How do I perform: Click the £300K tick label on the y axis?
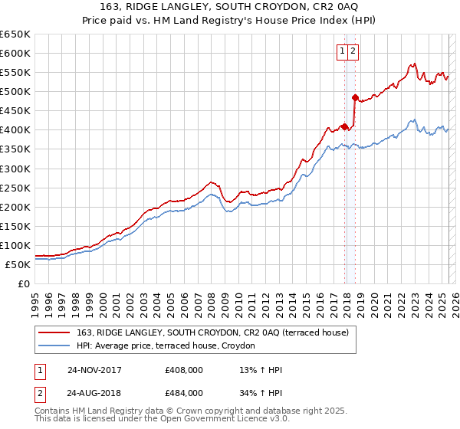point(15,169)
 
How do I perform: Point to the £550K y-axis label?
point(15,73)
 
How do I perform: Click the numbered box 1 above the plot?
point(341,51)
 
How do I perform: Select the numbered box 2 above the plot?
point(353,51)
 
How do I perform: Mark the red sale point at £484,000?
point(355,97)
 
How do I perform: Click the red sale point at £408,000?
point(345,126)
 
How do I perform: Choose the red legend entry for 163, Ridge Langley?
point(212,332)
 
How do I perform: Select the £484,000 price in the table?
point(184,395)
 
